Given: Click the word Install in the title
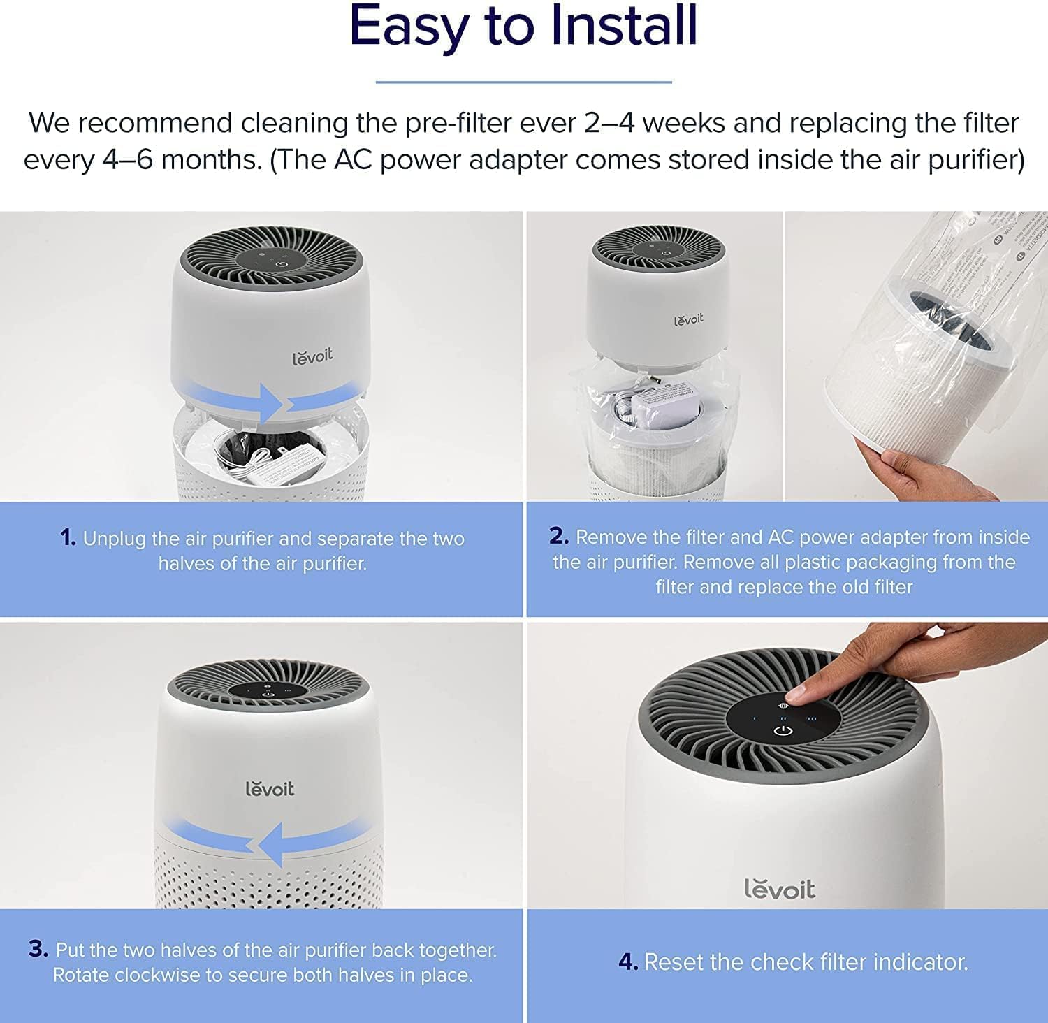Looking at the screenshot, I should pyautogui.click(x=624, y=27).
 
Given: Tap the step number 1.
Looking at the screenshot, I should pyautogui.click(x=68, y=538).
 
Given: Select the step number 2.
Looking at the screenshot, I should pyautogui.click(x=559, y=536).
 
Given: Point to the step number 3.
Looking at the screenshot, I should pyautogui.click(x=38, y=949).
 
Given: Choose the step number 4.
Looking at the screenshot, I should pyautogui.click(x=627, y=962).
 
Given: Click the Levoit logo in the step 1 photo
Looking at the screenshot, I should pyautogui.click(x=312, y=356).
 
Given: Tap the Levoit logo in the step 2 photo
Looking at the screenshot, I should pyautogui.click(x=688, y=319).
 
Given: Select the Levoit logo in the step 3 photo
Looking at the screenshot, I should pyautogui.click(x=270, y=788).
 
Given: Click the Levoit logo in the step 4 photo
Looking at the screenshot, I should pyautogui.click(x=779, y=889).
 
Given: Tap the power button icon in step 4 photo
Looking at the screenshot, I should pyautogui.click(x=783, y=732).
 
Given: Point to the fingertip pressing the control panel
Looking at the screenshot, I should pyautogui.click(x=796, y=694).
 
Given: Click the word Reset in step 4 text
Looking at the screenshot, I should pyautogui.click(x=674, y=962).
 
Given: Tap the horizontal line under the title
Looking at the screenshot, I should pyautogui.click(x=523, y=82).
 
